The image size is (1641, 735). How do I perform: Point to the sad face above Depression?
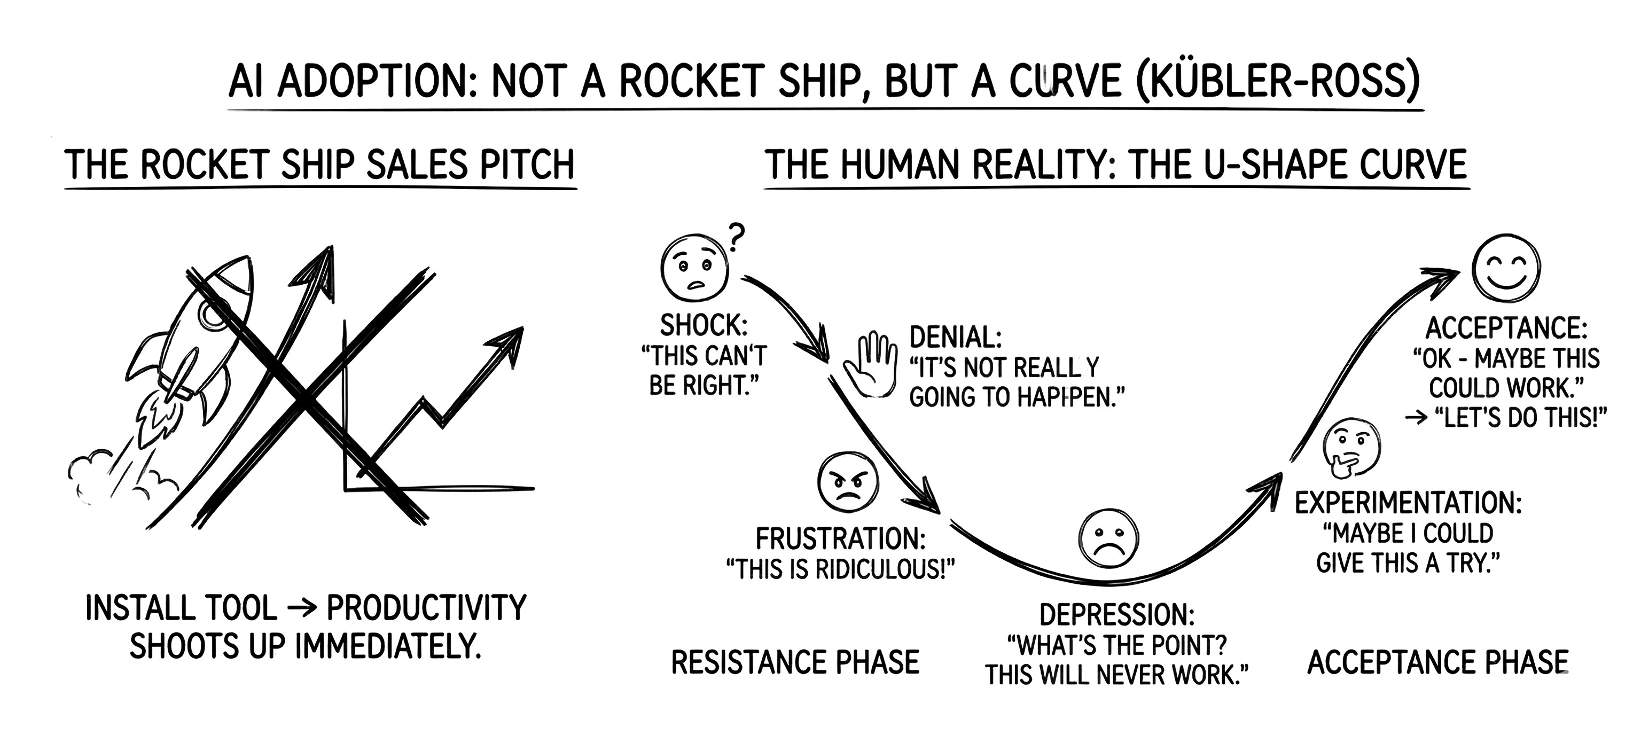(x=1109, y=539)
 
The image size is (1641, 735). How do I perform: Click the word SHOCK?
(x=702, y=326)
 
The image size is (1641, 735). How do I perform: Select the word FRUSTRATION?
(x=840, y=539)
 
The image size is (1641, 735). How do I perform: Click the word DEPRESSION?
(x=1116, y=615)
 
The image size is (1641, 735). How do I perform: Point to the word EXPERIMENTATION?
(x=1408, y=503)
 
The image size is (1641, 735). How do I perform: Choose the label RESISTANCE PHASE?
(x=795, y=662)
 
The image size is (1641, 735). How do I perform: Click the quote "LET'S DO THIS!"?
(x=1519, y=418)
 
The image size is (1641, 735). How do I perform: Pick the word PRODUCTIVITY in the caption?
(x=426, y=608)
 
